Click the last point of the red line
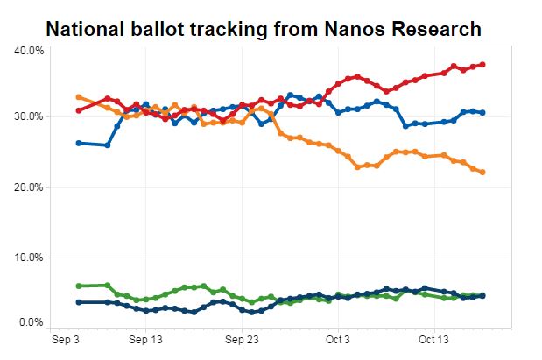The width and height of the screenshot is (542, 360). (482, 65)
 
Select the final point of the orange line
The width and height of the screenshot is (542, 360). (482, 172)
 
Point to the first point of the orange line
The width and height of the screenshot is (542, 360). (79, 97)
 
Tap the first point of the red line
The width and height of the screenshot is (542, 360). (79, 110)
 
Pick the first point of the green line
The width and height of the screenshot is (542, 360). (79, 286)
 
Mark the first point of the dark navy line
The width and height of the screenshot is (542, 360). (79, 302)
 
